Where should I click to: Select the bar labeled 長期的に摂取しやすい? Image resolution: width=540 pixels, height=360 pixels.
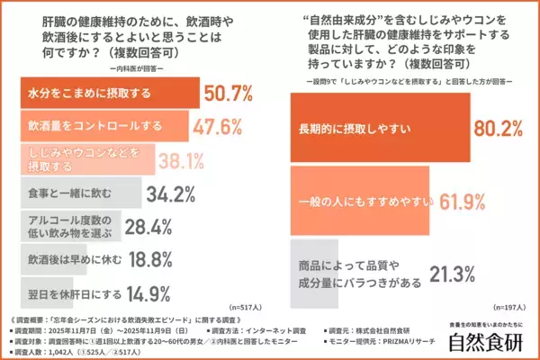pyautogui.click(x=378, y=128)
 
